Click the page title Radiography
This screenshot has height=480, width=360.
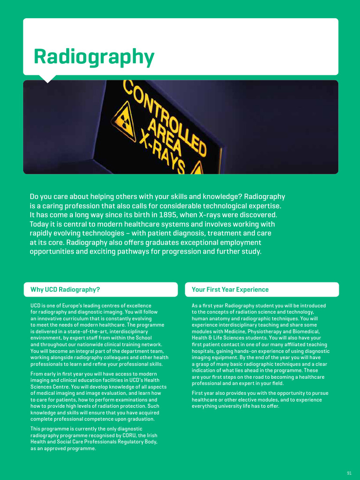(94, 57)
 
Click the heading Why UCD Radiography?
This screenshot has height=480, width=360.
(65, 290)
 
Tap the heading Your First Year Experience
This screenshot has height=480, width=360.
(230, 290)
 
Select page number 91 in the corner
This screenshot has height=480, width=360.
(349, 472)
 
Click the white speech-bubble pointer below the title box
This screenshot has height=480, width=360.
(47, 78)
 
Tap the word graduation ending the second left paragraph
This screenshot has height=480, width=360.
(139, 419)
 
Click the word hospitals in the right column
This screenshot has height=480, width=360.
(204, 351)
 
